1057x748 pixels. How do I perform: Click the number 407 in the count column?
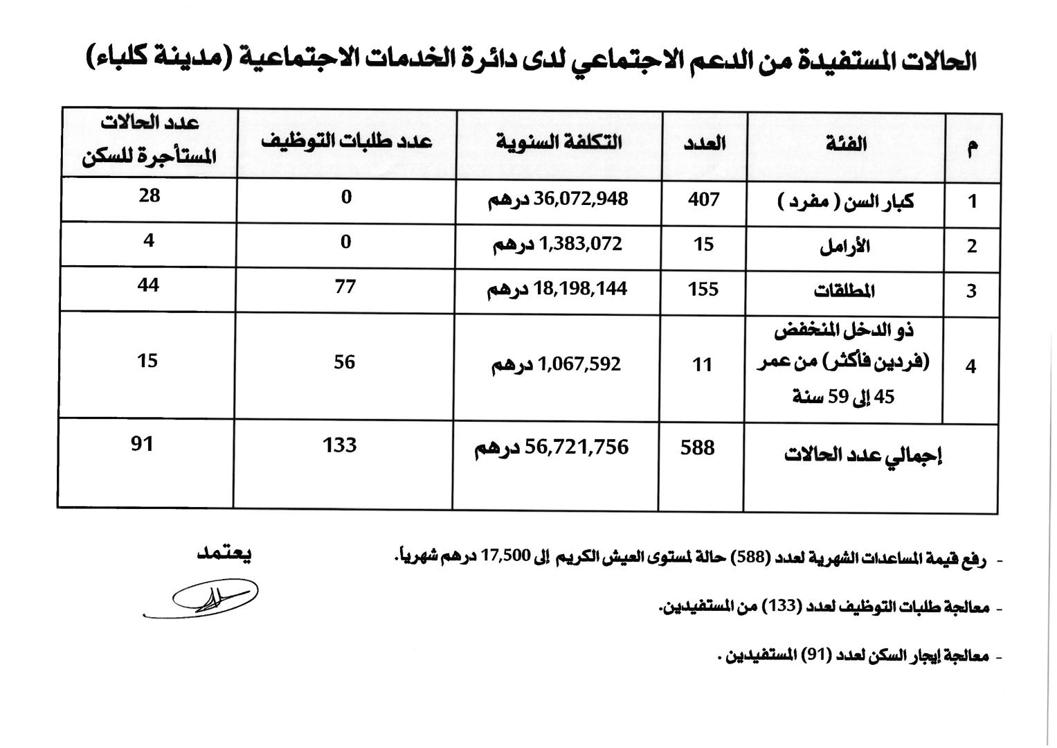(x=703, y=200)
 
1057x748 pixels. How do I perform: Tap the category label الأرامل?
(x=844, y=247)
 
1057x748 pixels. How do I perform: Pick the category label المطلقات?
(x=844, y=291)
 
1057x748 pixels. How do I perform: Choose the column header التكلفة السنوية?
(x=559, y=143)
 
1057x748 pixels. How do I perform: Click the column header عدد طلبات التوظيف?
(x=346, y=141)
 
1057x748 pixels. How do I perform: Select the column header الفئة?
(x=846, y=144)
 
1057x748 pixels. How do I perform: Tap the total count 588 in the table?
(x=697, y=447)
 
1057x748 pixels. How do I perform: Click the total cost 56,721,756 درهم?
(x=552, y=448)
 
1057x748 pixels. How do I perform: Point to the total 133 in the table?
(x=339, y=445)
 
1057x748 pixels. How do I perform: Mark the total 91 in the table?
(x=142, y=443)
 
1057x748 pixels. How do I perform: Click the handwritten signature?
(x=208, y=597)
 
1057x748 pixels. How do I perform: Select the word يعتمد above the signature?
(x=224, y=553)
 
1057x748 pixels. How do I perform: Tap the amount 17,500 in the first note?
(x=509, y=555)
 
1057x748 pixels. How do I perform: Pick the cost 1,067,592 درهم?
(x=557, y=364)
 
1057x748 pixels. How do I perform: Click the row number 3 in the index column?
(x=971, y=292)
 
